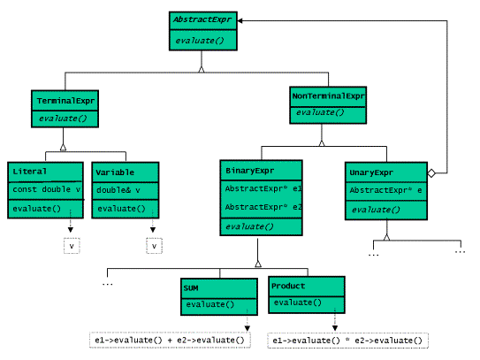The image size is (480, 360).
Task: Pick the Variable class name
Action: (117, 171)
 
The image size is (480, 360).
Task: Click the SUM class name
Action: (193, 287)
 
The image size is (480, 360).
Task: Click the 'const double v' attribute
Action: (46, 189)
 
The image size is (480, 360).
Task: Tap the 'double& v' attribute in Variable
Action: (119, 189)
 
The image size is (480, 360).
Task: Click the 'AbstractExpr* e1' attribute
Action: (263, 189)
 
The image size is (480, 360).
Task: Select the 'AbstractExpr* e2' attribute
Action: (263, 207)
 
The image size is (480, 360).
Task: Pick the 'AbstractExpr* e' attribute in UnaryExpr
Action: (385, 190)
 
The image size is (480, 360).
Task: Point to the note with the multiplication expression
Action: (347, 340)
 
